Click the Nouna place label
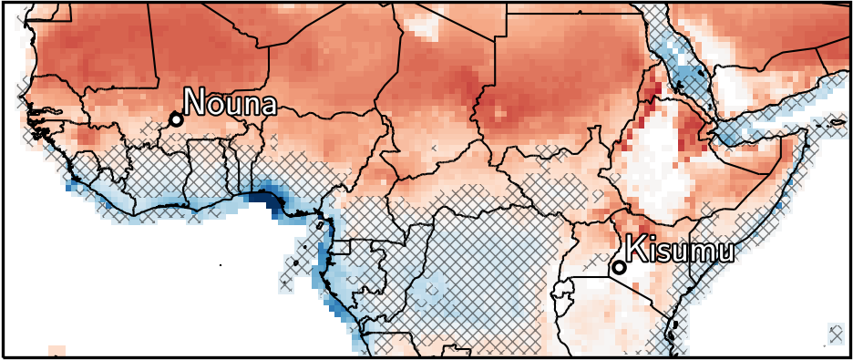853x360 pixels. pos(230,102)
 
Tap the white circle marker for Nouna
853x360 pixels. pos(176,119)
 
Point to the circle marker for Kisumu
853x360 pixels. pos(619,267)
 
